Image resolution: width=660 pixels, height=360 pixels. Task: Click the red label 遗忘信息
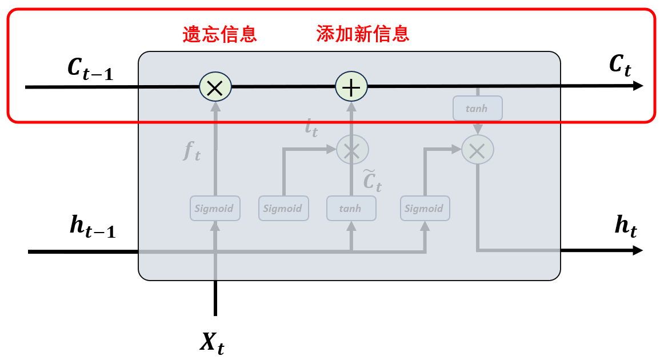click(x=219, y=34)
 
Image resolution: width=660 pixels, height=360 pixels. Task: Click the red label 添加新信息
click(x=363, y=34)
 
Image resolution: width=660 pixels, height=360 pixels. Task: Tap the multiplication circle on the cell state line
click(x=215, y=87)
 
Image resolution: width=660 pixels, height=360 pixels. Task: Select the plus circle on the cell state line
click(x=351, y=87)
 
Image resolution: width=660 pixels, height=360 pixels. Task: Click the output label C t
click(x=619, y=67)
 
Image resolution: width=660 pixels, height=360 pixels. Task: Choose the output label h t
click(x=626, y=227)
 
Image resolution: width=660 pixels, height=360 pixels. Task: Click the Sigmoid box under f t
click(x=215, y=209)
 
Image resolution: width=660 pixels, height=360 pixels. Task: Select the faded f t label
click(x=192, y=151)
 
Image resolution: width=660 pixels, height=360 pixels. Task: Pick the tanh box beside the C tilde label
click(x=351, y=209)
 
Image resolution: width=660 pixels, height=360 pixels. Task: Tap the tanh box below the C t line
click(x=477, y=108)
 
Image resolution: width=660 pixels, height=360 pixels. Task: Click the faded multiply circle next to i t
click(x=352, y=150)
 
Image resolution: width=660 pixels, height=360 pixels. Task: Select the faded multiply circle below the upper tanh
click(x=477, y=150)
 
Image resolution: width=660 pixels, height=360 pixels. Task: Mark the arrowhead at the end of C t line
click(x=638, y=86)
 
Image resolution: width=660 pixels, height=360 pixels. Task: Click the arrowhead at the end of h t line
click(x=638, y=250)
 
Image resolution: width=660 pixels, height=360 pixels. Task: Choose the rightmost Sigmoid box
click(x=425, y=209)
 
